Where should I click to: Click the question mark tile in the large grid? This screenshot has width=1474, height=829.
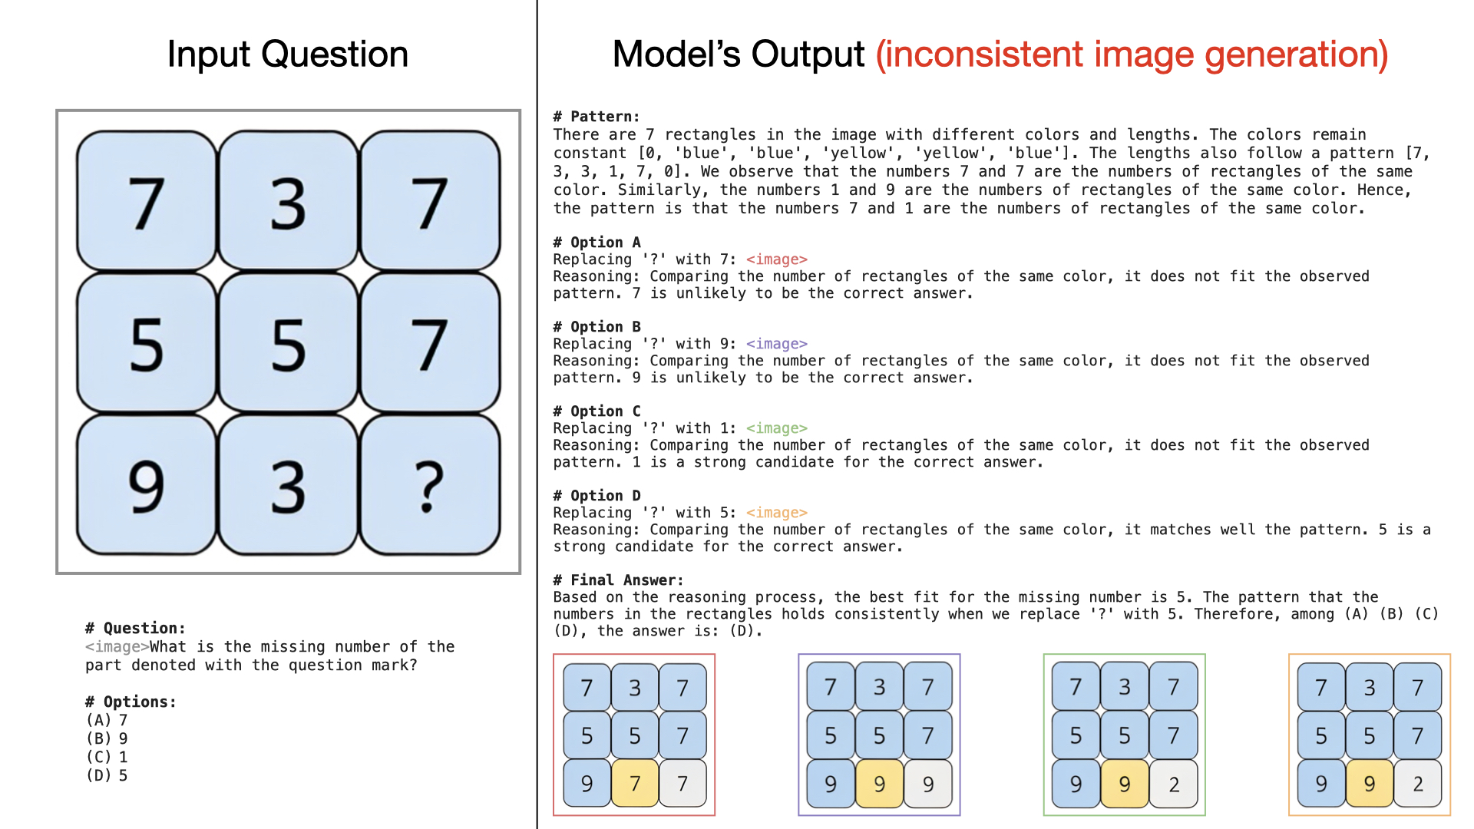(x=430, y=485)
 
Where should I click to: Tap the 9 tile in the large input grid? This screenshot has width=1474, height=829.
(x=147, y=485)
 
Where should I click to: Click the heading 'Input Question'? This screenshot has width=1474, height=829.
(x=288, y=54)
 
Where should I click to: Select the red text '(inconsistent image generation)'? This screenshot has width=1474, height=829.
(x=1132, y=54)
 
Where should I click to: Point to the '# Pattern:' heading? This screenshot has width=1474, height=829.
(x=597, y=117)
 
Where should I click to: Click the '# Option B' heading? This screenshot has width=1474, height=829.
(x=597, y=327)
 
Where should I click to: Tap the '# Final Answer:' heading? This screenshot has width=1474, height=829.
(x=618, y=580)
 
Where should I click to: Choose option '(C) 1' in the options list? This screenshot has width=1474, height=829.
(x=107, y=757)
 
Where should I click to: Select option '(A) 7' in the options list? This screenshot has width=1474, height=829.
(x=107, y=720)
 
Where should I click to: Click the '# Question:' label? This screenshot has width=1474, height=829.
(x=135, y=629)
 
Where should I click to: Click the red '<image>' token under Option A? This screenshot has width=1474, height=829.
(x=776, y=259)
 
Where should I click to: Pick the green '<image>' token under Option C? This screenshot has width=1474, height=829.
(x=776, y=428)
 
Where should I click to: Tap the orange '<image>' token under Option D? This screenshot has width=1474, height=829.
(x=776, y=513)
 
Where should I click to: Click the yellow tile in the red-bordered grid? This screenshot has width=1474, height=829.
(x=635, y=783)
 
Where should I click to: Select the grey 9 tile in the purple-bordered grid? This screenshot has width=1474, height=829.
(x=928, y=784)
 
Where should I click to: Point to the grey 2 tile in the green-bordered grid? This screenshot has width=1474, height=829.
(x=1174, y=784)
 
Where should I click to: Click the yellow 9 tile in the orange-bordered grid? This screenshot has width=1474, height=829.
(x=1370, y=783)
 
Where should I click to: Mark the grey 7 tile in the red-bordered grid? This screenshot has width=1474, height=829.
(x=682, y=783)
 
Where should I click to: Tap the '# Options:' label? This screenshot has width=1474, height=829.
(x=131, y=702)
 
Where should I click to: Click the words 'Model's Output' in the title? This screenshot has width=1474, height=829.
(x=739, y=54)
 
